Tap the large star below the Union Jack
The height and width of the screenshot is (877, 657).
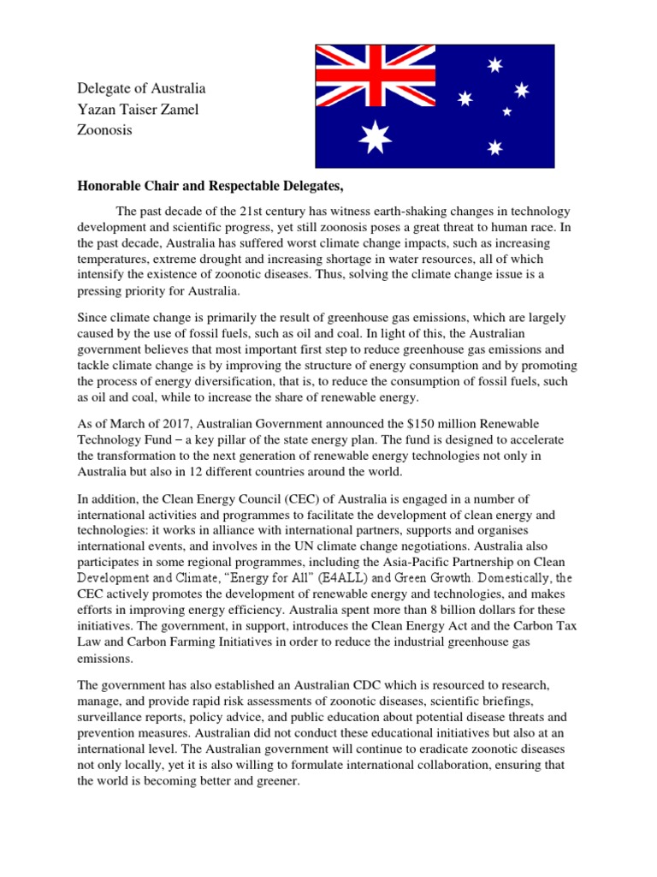point(375,137)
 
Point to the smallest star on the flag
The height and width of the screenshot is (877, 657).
point(506,111)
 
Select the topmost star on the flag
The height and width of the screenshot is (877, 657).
point(494,65)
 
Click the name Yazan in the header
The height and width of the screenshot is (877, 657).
point(97,110)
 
